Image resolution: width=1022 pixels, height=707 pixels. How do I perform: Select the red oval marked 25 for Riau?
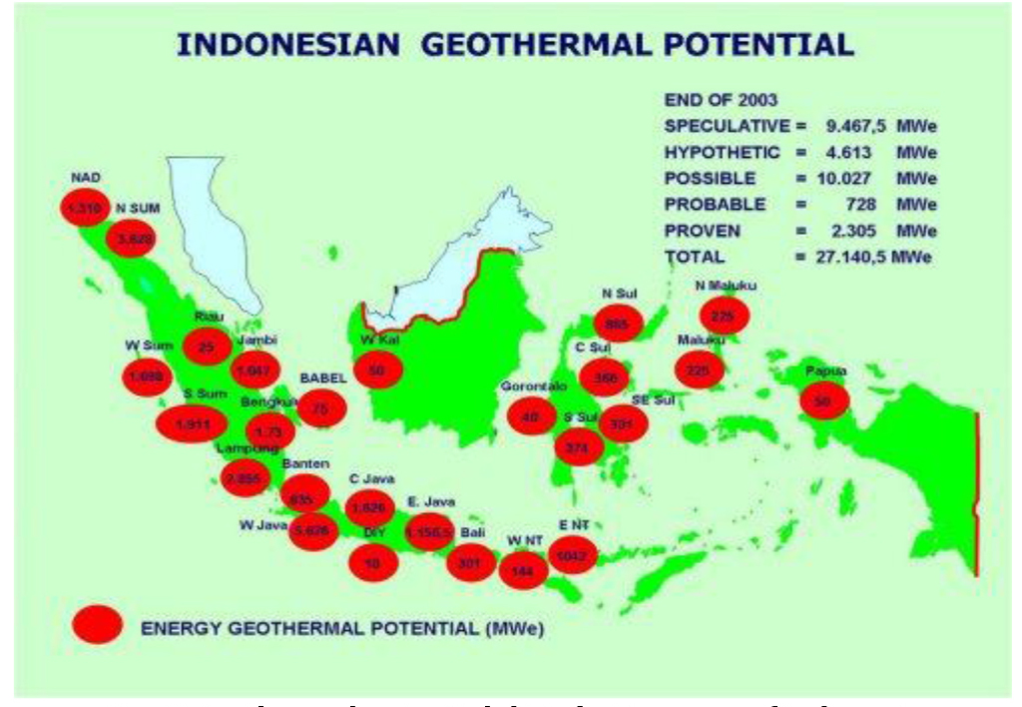click(x=208, y=347)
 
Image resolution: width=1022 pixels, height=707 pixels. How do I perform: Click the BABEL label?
click(x=322, y=379)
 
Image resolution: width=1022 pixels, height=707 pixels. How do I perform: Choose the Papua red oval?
click(x=823, y=399)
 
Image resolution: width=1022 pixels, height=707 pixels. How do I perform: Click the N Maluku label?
click(x=726, y=287)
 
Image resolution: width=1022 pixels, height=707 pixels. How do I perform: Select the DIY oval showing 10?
click(x=374, y=562)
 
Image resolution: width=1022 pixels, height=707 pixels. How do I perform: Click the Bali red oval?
click(x=471, y=562)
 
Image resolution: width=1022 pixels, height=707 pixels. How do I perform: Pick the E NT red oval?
click(x=573, y=554)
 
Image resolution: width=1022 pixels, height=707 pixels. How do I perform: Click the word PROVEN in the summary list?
click(x=703, y=231)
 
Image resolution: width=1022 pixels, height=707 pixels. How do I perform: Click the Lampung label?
click(x=244, y=449)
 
